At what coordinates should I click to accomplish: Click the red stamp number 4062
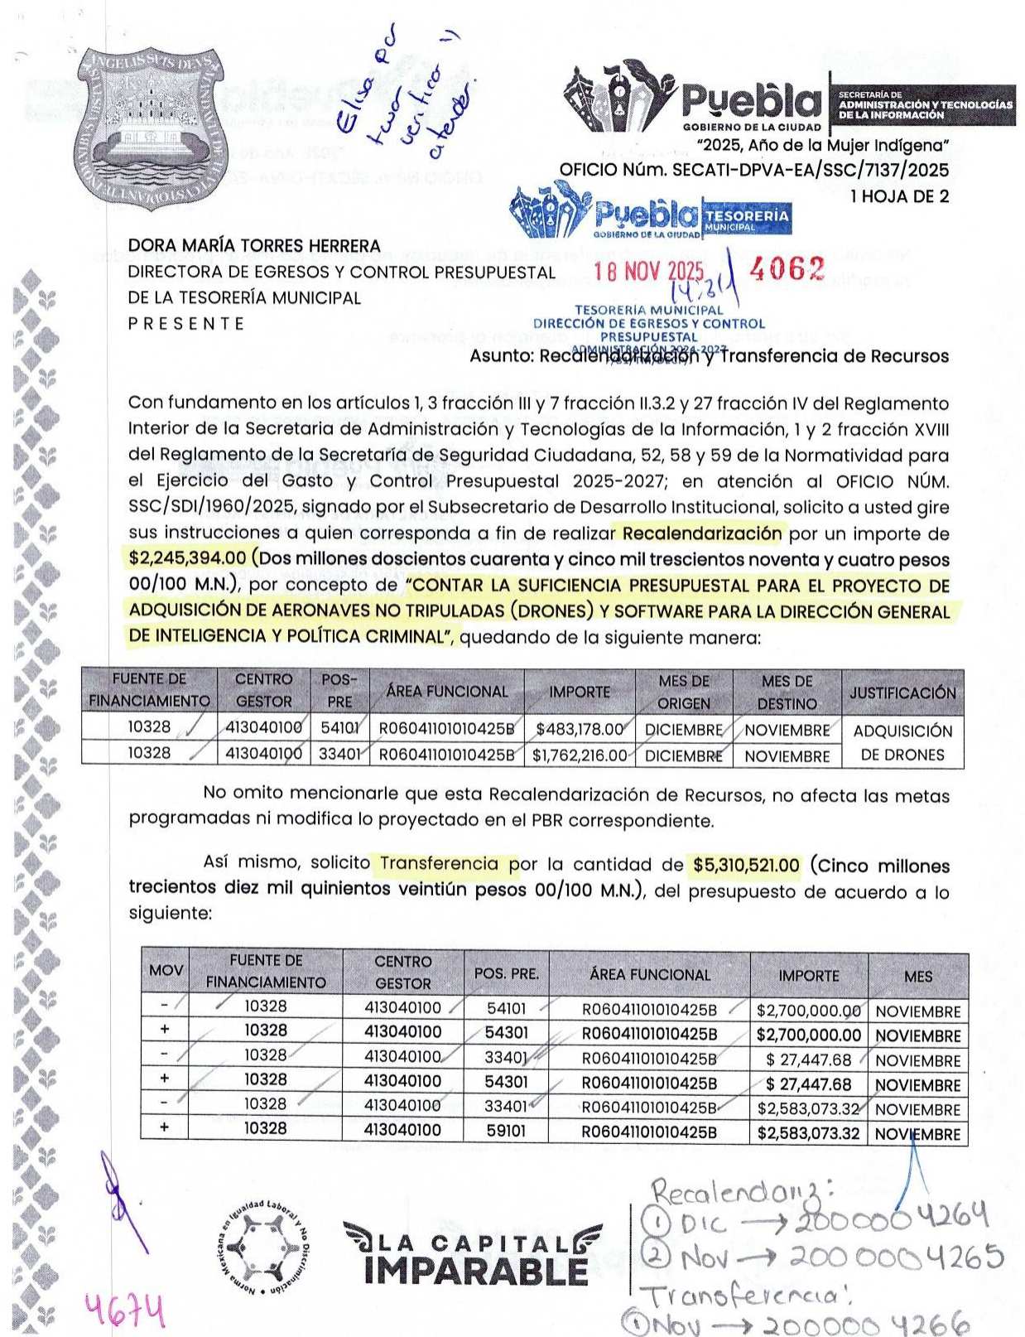point(787,269)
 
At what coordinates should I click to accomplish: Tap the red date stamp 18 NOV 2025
point(648,272)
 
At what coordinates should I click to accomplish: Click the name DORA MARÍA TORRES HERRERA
point(253,246)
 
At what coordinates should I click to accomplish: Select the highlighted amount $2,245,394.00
point(188,558)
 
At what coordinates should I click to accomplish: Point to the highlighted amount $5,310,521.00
point(746,866)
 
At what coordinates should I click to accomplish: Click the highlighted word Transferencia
point(440,864)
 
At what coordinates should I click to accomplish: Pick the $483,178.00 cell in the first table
point(579,729)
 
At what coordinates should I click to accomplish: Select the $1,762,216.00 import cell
point(579,755)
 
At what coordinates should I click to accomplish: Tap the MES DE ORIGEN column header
point(684,693)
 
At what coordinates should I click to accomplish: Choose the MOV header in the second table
point(166,971)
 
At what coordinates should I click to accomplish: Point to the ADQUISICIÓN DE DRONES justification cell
point(902,743)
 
